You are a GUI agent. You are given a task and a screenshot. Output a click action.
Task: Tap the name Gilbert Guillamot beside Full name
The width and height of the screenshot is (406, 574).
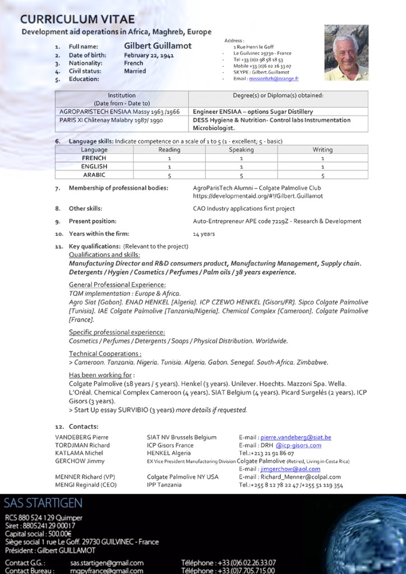pyautogui.click(x=158, y=46)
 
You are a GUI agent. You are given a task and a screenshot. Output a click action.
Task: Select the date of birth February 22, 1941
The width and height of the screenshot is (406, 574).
pyautogui.click(x=149, y=56)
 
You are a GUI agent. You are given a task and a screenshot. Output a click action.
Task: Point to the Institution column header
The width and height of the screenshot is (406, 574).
pyautogui.click(x=122, y=95)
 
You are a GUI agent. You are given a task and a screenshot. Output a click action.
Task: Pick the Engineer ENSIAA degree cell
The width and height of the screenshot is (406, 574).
pyautogui.click(x=252, y=112)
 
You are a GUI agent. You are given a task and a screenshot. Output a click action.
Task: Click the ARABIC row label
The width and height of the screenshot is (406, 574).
pyautogui.click(x=94, y=175)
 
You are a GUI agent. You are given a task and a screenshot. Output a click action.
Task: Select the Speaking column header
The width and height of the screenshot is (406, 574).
pyautogui.click(x=241, y=150)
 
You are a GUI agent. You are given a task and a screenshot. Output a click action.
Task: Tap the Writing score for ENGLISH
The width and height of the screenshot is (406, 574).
pyautogui.click(x=322, y=167)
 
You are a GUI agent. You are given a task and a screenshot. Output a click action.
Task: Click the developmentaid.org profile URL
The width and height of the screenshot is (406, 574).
pyautogui.click(x=258, y=196)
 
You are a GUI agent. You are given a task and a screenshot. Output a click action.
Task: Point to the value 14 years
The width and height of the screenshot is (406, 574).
pyautogui.click(x=204, y=234)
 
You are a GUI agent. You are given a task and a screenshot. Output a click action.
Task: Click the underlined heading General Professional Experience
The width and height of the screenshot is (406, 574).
pyautogui.click(x=109, y=285)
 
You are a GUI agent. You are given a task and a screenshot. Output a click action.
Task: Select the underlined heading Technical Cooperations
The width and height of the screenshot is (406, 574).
pyautogui.click(x=105, y=354)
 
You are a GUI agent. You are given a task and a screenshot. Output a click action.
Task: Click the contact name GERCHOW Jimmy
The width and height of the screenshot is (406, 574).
pyautogui.click(x=80, y=461)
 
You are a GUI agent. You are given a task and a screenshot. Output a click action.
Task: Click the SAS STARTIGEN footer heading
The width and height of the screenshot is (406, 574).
pyautogui.click(x=43, y=502)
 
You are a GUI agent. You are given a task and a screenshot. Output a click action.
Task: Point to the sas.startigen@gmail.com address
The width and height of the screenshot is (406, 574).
pyautogui.click(x=107, y=563)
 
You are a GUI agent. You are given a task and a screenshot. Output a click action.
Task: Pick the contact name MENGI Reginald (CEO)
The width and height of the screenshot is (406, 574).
pyautogui.click(x=86, y=485)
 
